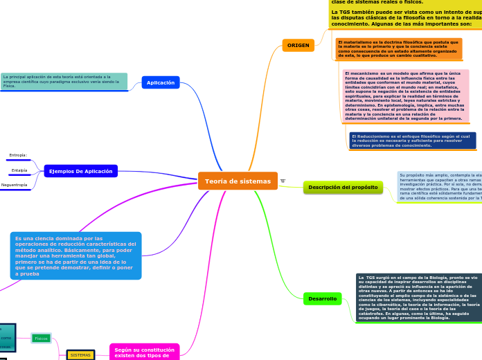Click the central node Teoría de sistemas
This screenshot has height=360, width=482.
pyautogui.click(x=238, y=181)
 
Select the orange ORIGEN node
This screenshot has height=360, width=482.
pyautogui.click(x=298, y=46)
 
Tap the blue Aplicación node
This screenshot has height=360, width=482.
pyautogui.click(x=161, y=82)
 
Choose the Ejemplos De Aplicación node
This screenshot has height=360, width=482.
pyautogui.click(x=80, y=171)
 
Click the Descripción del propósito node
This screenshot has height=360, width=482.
pyautogui.click(x=343, y=187)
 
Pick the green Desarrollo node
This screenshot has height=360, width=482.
pyautogui.click(x=323, y=298)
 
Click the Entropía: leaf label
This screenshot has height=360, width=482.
pyautogui.click(x=18, y=155)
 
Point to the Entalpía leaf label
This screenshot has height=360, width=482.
pyautogui.click(x=19, y=170)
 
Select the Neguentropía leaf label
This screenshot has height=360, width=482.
pyautogui.click(x=15, y=185)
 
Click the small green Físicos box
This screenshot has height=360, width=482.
pyautogui.click(x=42, y=339)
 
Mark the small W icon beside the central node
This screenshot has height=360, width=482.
pyautogui.click(x=283, y=181)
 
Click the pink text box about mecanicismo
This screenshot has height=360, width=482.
pyautogui.click(x=406, y=96)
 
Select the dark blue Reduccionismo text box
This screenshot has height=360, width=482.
pyautogui.click(x=412, y=141)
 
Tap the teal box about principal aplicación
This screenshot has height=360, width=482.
pyautogui.click(x=64, y=81)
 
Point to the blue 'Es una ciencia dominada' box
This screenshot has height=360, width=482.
pyautogui.click(x=76, y=255)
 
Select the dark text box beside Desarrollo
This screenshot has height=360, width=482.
pyautogui.click(x=418, y=298)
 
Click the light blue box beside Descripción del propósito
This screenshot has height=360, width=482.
pyautogui.click(x=439, y=187)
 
